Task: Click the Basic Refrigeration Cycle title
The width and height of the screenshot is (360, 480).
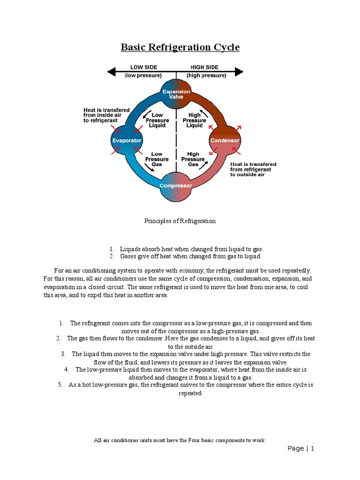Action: pos(180,47)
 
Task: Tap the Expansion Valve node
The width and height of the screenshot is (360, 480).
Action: pos(176,94)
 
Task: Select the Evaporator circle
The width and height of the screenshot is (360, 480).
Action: pos(127,140)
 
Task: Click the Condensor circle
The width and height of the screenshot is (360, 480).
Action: pos(225,140)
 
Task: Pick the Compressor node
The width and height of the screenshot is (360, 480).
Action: pos(176,186)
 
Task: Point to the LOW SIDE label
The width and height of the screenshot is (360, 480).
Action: pos(143,67)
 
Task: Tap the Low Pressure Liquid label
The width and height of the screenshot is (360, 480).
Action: pos(157,120)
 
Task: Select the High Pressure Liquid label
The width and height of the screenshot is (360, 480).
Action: pos(195,120)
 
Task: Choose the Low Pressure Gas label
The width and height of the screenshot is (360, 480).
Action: pos(157,159)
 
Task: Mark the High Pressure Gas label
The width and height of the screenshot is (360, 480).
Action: pos(193,159)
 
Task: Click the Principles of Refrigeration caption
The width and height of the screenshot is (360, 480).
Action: pos(180,221)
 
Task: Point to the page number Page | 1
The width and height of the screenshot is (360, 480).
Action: pos(300,449)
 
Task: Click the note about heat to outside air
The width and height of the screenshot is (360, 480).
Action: pos(253,169)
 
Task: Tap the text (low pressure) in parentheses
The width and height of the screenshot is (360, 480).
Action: pos(143,75)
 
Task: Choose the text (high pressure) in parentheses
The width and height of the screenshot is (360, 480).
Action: pos(206,75)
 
